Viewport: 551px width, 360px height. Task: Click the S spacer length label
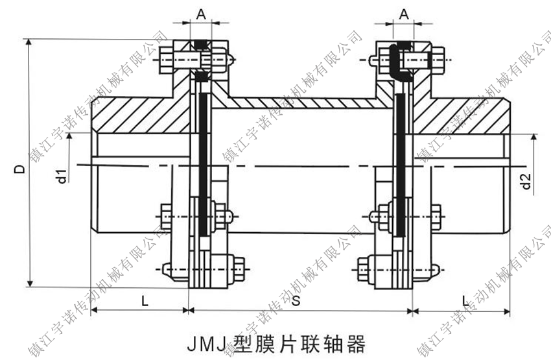tap(296, 300)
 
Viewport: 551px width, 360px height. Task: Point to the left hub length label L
tap(143, 300)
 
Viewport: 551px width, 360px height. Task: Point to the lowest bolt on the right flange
tap(395, 267)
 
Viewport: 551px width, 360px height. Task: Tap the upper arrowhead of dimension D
tap(29, 43)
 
